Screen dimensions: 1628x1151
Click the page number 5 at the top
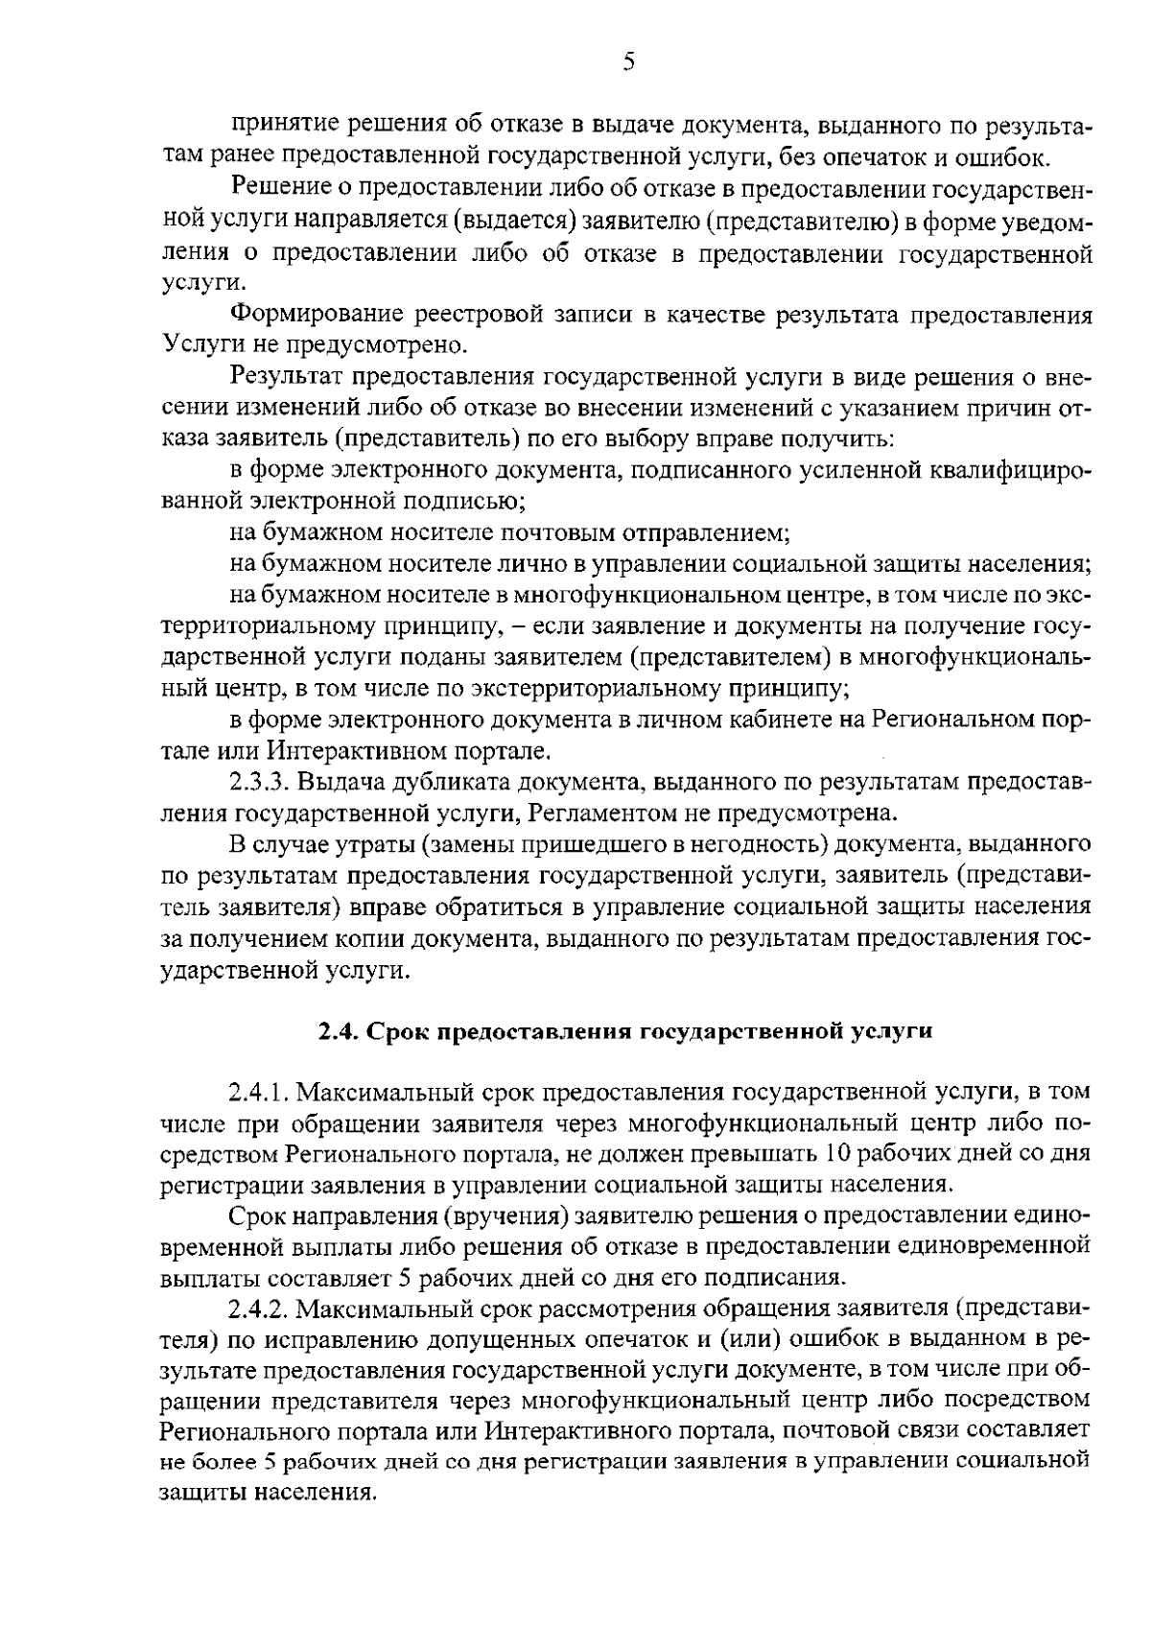[x=628, y=62]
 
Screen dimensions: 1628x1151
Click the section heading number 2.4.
[x=337, y=1031]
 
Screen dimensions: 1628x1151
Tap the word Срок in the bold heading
[x=398, y=1031]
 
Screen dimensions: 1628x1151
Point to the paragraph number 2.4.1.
[x=260, y=1092]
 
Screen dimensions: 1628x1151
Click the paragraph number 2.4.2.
[x=260, y=1308]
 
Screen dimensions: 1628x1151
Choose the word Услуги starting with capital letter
[x=196, y=344]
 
